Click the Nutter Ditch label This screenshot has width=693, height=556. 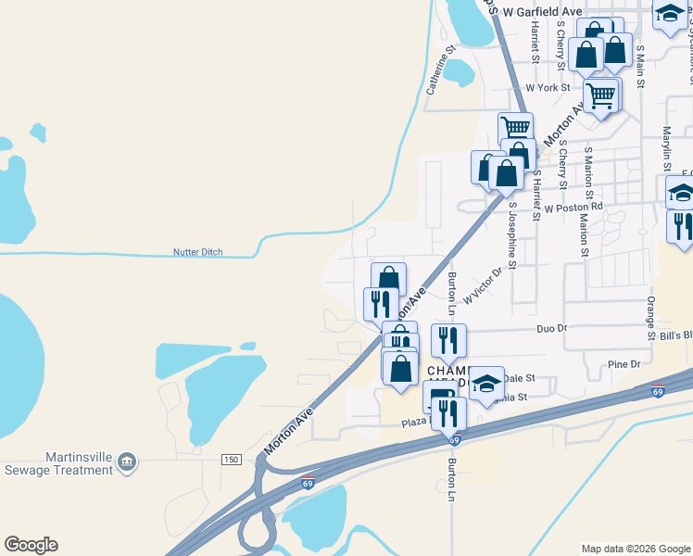click(198, 252)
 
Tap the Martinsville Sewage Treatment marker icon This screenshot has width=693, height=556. click(128, 461)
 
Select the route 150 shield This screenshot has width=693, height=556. click(230, 461)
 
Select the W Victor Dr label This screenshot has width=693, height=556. click(482, 285)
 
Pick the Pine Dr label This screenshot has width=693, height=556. click(624, 364)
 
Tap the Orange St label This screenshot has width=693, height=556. click(651, 305)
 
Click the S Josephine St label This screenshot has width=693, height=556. click(510, 236)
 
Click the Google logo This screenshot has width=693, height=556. click(31, 545)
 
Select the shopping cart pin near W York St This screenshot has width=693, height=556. click(602, 94)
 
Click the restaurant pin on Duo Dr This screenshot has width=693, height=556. click(448, 339)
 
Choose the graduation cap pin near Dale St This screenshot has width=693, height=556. click(485, 385)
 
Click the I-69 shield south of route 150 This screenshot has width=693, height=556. click(308, 483)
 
